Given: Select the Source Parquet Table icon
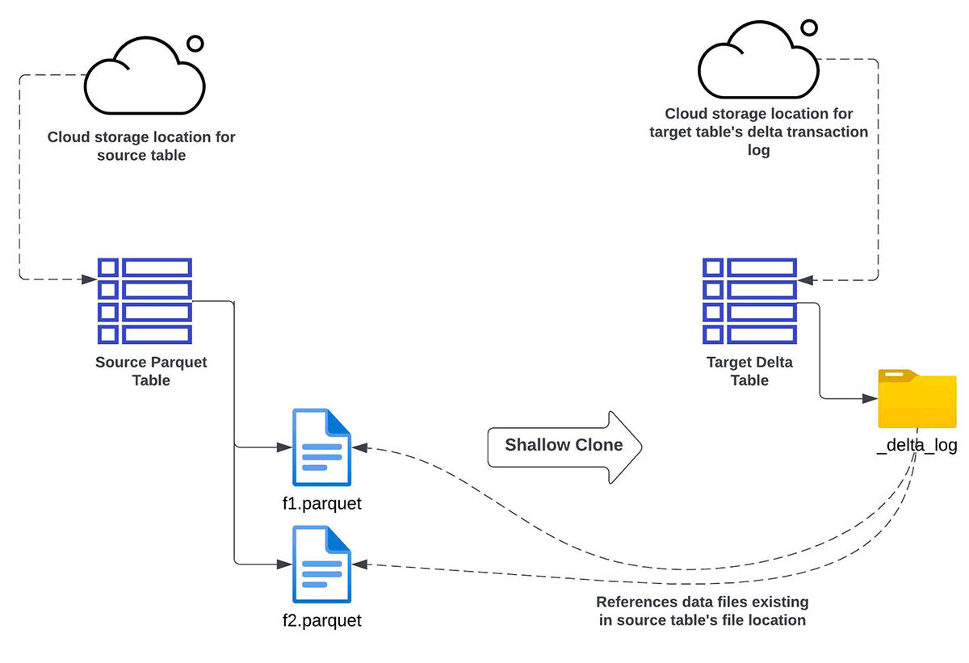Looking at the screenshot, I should click(x=145, y=300).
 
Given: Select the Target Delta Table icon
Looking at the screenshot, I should click(x=749, y=300).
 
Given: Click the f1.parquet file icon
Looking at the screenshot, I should click(x=321, y=447).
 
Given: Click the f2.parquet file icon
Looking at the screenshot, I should click(x=321, y=564).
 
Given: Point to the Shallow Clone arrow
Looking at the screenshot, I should click(x=564, y=445).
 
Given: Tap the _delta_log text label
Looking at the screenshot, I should click(x=917, y=446).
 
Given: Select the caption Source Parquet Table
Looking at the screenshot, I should click(x=151, y=371).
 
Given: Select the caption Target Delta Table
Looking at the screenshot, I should click(x=749, y=371).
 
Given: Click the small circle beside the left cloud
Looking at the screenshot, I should click(x=195, y=44).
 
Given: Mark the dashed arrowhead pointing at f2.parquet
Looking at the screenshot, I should click(x=359, y=564).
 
